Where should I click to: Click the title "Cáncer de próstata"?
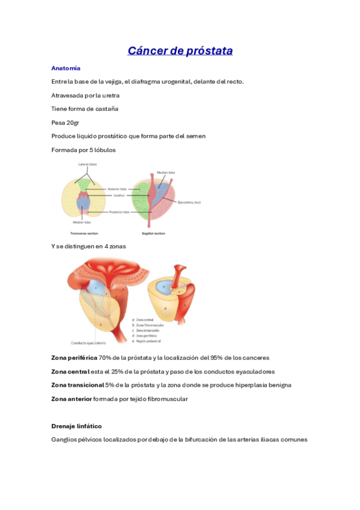click(x=180, y=51)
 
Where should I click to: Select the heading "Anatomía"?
click(x=66, y=68)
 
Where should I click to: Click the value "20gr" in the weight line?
click(x=73, y=123)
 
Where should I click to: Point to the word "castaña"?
click(x=106, y=109)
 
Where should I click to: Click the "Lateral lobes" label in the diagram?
click(x=87, y=164)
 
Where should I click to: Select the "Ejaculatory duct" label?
click(x=189, y=202)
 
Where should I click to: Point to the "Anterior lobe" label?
click(x=117, y=189)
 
